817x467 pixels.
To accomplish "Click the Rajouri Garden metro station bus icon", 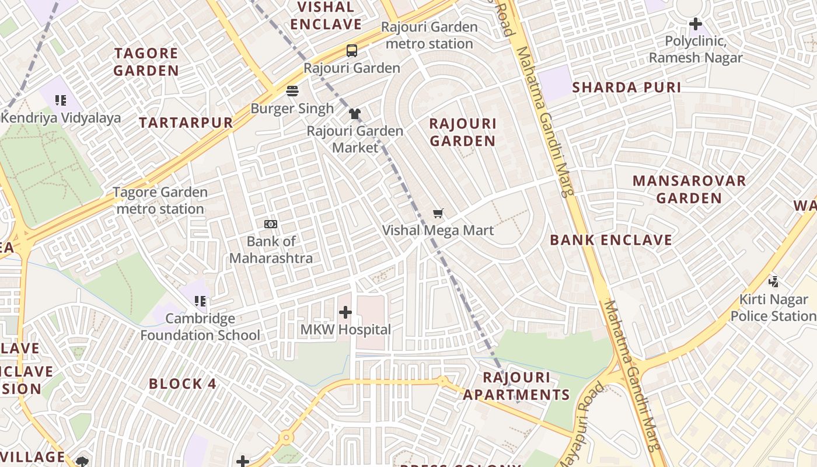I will click(x=352, y=51).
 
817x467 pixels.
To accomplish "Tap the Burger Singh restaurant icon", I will click(x=292, y=91).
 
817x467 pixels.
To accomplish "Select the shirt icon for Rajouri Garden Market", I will click(x=355, y=113).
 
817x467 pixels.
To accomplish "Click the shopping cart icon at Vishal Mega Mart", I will click(x=438, y=213).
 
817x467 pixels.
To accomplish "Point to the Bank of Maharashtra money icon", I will click(x=271, y=224).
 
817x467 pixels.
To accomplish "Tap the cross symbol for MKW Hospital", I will click(x=345, y=312).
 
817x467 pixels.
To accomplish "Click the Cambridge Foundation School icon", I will click(x=200, y=301).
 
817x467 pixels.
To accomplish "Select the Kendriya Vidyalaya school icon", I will click(x=61, y=100).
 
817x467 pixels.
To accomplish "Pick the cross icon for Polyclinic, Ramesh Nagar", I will click(x=695, y=25).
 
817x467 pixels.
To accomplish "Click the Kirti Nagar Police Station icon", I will click(x=774, y=282).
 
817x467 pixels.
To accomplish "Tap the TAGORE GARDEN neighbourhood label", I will click(x=146, y=62).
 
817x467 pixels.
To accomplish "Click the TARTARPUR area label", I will click(x=186, y=123).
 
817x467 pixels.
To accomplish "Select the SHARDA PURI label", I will click(x=626, y=88).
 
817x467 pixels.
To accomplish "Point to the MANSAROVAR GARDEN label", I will click(x=689, y=190).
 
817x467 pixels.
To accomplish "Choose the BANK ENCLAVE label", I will click(x=611, y=240).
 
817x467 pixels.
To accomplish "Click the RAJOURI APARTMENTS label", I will click(x=516, y=386).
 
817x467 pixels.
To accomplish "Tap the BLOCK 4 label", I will click(x=183, y=384).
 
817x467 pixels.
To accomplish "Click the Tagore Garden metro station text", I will click(x=160, y=200).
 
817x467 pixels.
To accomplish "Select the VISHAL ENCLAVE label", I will click(x=326, y=16).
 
